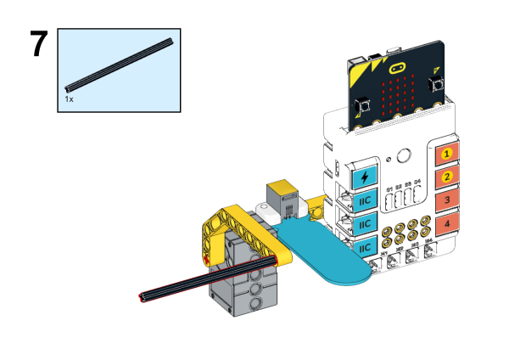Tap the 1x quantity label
click(70, 99)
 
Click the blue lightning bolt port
click(365, 177)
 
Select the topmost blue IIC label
click(365, 202)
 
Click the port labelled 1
click(447, 155)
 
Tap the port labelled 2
click(447, 177)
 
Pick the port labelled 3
click(447, 200)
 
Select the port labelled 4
click(447, 223)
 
